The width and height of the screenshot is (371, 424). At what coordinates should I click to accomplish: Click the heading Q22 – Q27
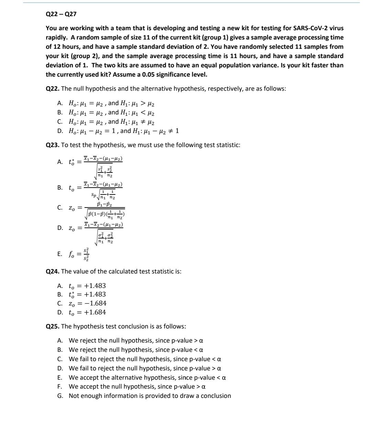[x=61, y=14]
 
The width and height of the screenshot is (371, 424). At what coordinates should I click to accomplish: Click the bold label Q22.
[x=53, y=89]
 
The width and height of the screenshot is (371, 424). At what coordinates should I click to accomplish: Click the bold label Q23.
[x=53, y=145]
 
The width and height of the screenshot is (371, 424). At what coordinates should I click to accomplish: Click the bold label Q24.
[x=53, y=271]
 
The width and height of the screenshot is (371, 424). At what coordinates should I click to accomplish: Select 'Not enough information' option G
[x=149, y=396]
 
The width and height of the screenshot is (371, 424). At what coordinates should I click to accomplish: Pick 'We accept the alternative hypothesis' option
[x=147, y=378]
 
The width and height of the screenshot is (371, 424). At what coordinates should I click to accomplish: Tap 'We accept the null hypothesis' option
[x=137, y=387]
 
